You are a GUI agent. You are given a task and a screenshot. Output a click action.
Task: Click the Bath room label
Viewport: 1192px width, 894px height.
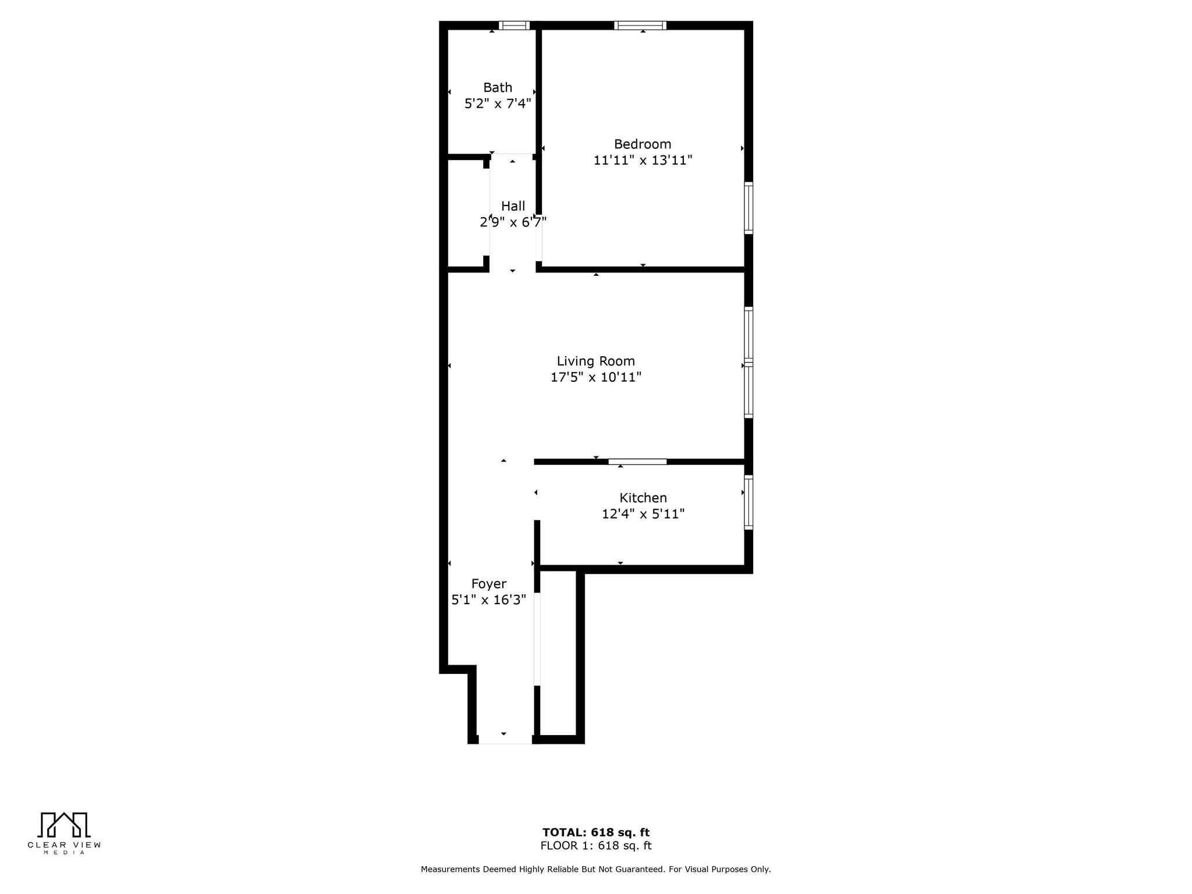coord(498,87)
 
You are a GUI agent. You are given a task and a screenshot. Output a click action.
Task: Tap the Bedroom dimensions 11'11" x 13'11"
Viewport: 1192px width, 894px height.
coord(643,160)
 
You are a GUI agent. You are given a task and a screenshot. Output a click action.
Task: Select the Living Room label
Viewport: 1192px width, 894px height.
coord(595,361)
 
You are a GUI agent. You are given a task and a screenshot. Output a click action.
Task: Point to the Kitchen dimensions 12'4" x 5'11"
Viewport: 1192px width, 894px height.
coord(643,514)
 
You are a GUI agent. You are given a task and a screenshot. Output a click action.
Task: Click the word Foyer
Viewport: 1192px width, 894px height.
coord(489,584)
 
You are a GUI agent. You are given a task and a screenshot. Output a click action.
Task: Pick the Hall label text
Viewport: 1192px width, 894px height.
coord(513,206)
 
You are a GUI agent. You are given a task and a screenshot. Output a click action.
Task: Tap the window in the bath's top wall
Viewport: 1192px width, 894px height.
coord(514,25)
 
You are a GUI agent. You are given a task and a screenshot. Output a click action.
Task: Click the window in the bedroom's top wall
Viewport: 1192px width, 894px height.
coord(640,25)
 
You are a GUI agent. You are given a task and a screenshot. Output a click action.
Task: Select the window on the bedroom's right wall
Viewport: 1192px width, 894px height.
coord(749,208)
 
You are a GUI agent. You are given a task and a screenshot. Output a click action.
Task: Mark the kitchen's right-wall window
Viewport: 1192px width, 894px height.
coord(749,502)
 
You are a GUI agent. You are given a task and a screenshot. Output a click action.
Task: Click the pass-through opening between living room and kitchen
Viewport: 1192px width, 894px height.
coord(637,462)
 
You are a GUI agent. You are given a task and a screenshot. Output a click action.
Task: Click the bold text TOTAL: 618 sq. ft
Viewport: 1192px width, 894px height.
coord(596,832)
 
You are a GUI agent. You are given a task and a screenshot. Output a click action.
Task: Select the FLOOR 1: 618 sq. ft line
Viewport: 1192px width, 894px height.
coord(596,846)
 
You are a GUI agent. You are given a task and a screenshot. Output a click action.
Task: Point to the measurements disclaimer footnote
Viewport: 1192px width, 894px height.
coord(596,869)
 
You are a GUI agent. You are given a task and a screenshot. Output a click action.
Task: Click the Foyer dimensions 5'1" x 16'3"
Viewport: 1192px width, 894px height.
coord(489,600)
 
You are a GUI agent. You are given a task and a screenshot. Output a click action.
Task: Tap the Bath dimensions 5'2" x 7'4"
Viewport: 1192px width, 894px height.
coord(498,104)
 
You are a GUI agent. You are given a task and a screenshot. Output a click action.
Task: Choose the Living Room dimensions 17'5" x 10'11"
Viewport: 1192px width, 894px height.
coord(596,377)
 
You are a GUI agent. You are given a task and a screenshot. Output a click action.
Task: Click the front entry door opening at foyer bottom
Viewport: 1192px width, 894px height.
coord(505,739)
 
